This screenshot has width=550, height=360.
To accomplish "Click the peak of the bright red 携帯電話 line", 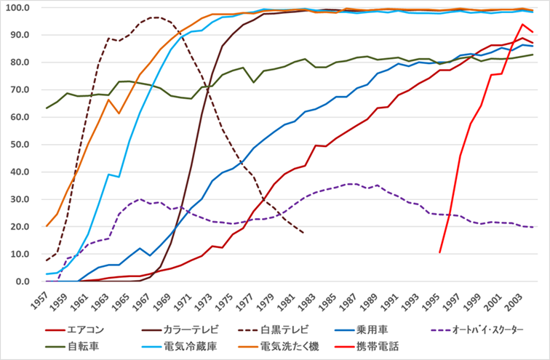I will [522, 25].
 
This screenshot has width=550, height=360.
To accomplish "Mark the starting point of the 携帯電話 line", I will [440, 252].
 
